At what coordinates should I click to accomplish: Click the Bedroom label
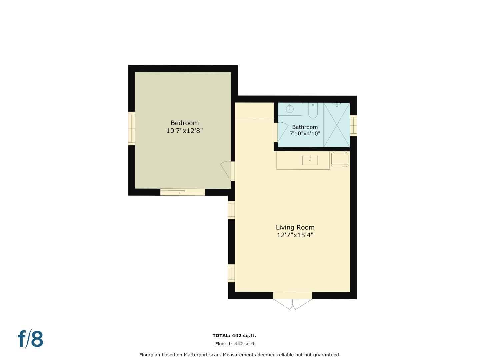pyautogui.click(x=184, y=123)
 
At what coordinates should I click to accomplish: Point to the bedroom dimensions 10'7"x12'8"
pyautogui.click(x=184, y=131)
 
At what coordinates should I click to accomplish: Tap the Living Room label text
pyautogui.click(x=295, y=227)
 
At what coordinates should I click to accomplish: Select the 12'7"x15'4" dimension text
pyautogui.click(x=295, y=235)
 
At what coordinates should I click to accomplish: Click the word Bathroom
pyautogui.click(x=305, y=127)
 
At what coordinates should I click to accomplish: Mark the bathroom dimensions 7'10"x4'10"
pyautogui.click(x=305, y=134)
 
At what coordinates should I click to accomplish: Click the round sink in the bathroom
pyautogui.click(x=290, y=108)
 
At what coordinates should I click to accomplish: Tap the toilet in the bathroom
pyautogui.click(x=313, y=111)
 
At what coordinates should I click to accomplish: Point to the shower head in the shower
pyautogui.click(x=337, y=104)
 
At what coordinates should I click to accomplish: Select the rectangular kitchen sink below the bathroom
pyautogui.click(x=310, y=160)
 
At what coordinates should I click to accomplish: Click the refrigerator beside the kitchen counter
pyautogui.click(x=340, y=159)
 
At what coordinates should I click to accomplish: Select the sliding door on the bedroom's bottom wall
pyautogui.click(x=182, y=192)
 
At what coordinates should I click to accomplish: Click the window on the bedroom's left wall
pyautogui.click(x=132, y=128)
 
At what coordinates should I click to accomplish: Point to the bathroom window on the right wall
pyautogui.click(x=353, y=125)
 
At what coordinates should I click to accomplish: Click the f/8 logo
pyautogui.click(x=30, y=339)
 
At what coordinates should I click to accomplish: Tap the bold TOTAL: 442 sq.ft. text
pyautogui.click(x=234, y=336)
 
